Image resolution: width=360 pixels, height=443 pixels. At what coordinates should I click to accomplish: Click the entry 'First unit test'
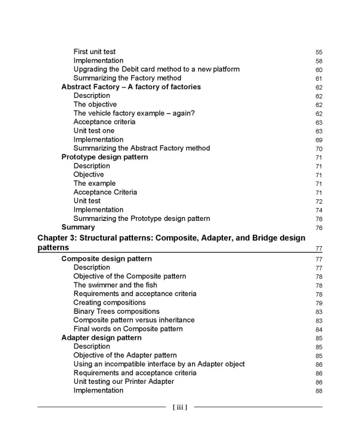(94, 52)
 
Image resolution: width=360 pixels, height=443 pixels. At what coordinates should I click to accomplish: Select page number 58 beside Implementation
(319, 61)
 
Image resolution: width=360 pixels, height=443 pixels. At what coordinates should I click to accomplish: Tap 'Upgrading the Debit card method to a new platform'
(156, 70)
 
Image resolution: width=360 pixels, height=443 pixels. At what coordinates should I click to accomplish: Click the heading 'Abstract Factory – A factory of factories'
(131, 87)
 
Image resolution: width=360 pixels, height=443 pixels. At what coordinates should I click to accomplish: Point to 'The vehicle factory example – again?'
(134, 113)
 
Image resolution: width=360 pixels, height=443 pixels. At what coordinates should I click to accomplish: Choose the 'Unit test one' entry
(94, 131)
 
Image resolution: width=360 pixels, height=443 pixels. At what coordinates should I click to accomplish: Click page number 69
(319, 140)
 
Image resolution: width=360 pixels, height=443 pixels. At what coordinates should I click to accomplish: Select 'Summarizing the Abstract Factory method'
(142, 148)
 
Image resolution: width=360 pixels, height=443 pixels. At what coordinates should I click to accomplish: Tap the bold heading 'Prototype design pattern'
(105, 157)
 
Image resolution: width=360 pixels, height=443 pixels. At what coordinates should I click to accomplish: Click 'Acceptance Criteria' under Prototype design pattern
(105, 192)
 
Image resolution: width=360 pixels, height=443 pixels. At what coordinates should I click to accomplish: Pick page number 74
(319, 210)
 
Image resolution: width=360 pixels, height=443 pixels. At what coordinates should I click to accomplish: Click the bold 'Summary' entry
(78, 227)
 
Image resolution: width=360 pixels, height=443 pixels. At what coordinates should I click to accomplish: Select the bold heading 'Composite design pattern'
(105, 259)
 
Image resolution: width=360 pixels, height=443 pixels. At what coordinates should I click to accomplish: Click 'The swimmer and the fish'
(115, 285)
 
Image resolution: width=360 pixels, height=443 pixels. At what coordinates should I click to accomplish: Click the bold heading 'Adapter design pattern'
(102, 338)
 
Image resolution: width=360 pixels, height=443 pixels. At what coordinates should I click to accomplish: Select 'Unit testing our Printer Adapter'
(124, 381)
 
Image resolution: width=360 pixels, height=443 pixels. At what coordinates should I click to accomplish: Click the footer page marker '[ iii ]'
(180, 407)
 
